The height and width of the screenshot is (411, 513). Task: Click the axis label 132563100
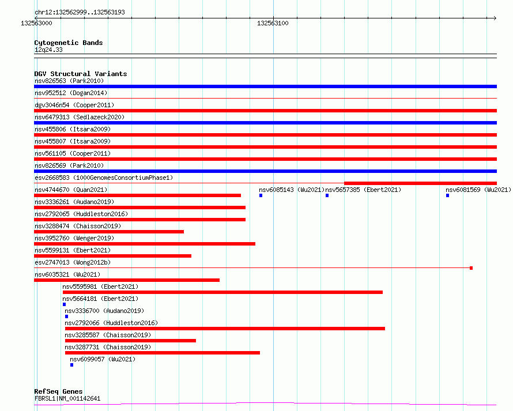click(x=273, y=23)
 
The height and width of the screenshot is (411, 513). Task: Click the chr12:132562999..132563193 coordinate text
click(x=80, y=12)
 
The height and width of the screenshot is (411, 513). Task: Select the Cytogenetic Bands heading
click(x=68, y=43)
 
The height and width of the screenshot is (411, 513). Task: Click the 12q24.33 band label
click(x=48, y=50)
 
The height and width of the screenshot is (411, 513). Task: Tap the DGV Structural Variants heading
click(x=80, y=74)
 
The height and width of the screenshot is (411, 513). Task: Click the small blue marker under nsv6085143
click(x=261, y=195)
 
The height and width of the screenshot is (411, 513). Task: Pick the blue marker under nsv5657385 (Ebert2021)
click(x=327, y=195)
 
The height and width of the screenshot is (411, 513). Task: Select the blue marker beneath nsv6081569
click(x=447, y=195)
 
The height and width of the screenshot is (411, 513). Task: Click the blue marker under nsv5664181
click(x=64, y=304)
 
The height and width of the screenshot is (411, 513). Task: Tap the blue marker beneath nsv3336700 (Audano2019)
click(x=66, y=316)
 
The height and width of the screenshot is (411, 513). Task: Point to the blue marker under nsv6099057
click(x=71, y=365)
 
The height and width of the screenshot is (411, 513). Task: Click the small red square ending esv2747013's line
click(x=471, y=268)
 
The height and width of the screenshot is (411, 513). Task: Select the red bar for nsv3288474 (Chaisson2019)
click(x=109, y=232)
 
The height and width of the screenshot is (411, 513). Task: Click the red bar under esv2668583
click(x=420, y=183)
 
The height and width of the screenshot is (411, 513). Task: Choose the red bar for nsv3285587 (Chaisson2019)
click(x=130, y=341)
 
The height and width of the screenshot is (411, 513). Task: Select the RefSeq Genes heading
click(x=58, y=391)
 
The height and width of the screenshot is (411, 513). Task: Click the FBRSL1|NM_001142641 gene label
click(x=67, y=398)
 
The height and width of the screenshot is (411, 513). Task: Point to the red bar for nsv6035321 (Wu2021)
click(x=127, y=280)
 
